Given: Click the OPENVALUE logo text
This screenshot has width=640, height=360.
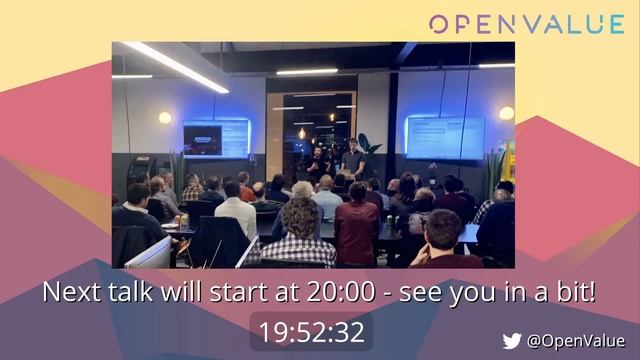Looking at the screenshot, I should click(x=527, y=24).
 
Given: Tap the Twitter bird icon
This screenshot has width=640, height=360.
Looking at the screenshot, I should click(x=512, y=341).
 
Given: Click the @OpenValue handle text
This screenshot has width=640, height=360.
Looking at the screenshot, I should click(x=576, y=341).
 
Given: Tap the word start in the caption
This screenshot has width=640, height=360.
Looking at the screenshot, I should click(x=248, y=293).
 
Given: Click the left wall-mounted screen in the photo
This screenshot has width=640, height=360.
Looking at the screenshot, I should click(x=215, y=138).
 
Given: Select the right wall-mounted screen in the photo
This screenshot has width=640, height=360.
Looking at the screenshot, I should click(x=444, y=136).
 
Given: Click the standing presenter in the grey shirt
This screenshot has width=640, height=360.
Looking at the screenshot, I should click(x=352, y=160).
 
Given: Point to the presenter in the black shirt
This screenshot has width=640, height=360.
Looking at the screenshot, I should click(x=318, y=164).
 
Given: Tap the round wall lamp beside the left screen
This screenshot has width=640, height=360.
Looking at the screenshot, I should click(x=165, y=118).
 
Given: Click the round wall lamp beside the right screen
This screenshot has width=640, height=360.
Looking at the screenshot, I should click(x=506, y=114).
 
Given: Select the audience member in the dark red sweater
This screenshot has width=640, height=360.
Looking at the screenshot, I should click(x=356, y=228).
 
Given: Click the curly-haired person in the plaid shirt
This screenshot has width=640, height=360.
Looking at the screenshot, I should click(x=299, y=235).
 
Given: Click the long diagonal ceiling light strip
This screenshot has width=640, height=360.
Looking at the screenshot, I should click(x=174, y=66).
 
